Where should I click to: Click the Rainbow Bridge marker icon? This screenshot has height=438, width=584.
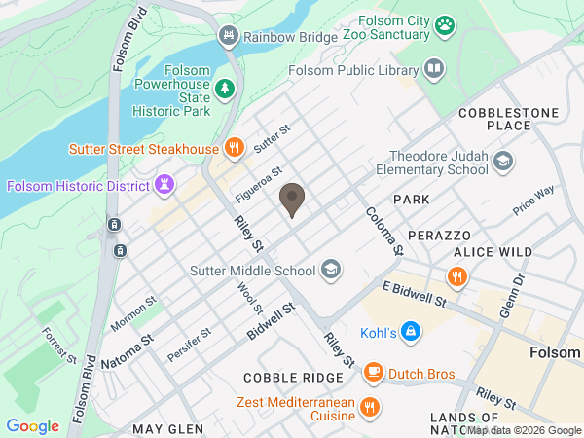[229, 37]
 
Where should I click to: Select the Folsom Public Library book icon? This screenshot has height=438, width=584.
[433, 69]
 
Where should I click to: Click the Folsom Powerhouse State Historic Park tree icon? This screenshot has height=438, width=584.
[226, 90]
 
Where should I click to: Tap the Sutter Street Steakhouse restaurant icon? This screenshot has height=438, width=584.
[234, 149]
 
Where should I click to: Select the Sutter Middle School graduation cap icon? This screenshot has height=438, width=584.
[331, 270]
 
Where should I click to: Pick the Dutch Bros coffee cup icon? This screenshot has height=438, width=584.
[373, 372]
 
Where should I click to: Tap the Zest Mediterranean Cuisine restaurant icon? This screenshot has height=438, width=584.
[369, 408]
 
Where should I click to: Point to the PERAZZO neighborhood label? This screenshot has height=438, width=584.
[439, 236]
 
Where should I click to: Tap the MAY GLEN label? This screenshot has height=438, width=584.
[167, 428]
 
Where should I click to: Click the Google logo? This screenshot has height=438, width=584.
[33, 425]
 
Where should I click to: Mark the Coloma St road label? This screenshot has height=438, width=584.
[383, 230]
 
